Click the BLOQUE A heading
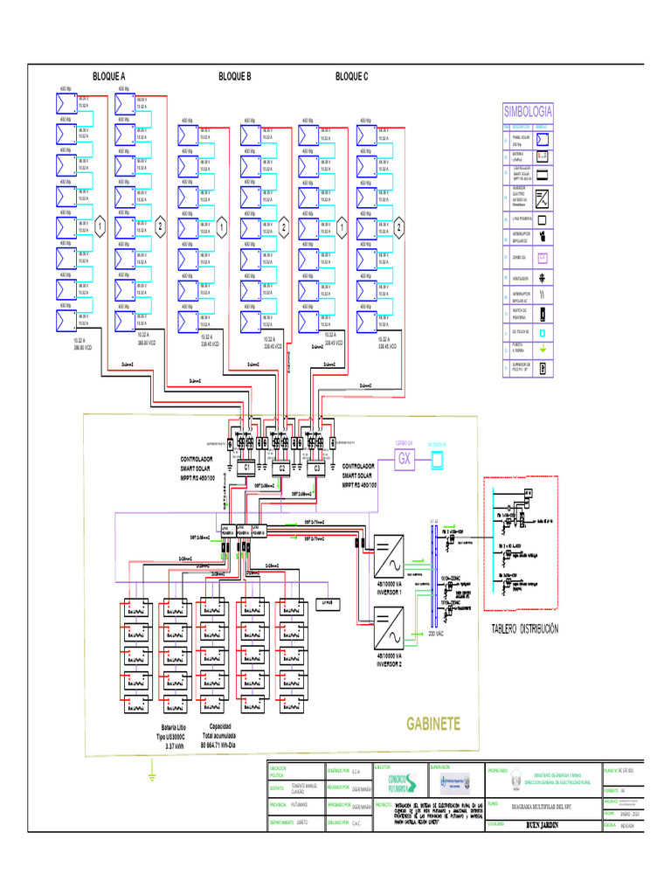pyautogui.click(x=109, y=77)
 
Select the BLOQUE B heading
pyautogui.click(x=235, y=77)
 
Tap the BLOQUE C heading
pyautogui.click(x=352, y=77)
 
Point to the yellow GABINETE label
pyautogui.click(x=432, y=725)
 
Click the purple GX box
pyautogui.click(x=405, y=459)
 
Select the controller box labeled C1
pyautogui.click(x=247, y=468)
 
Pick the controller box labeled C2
pyautogui.click(x=282, y=468)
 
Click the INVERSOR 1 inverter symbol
pyautogui.click(x=387, y=551)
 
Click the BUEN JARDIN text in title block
pyautogui.click(x=543, y=824)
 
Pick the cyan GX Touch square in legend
pyautogui.click(x=542, y=333)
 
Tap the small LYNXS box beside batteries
pyautogui.click(x=329, y=601)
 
